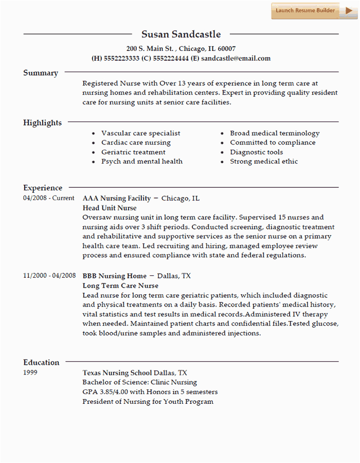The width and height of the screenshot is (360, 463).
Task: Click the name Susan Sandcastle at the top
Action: click(x=181, y=34)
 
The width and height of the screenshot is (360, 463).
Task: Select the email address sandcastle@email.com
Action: click(x=236, y=59)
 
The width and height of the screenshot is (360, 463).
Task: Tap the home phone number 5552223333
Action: click(x=121, y=59)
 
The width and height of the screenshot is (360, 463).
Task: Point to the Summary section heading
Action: click(x=41, y=73)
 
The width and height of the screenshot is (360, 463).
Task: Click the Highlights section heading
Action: click(x=42, y=123)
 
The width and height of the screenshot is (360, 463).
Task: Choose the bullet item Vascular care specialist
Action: click(x=140, y=133)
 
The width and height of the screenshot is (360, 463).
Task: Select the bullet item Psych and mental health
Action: click(x=141, y=162)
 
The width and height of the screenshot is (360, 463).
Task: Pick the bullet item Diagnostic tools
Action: click(x=256, y=152)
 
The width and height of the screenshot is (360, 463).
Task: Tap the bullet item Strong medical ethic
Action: click(x=264, y=162)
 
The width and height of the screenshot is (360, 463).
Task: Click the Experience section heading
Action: click(x=43, y=188)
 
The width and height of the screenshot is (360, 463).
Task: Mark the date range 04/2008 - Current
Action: click(x=49, y=198)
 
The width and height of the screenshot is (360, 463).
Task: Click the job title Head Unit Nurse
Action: click(x=110, y=208)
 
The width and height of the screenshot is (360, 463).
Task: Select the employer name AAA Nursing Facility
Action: click(x=117, y=198)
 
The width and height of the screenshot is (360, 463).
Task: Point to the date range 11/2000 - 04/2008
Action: click(x=49, y=276)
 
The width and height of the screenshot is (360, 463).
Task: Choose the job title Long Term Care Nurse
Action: click(x=120, y=286)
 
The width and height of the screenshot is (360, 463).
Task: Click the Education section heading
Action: click(x=41, y=362)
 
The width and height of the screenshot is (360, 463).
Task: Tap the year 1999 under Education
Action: click(x=31, y=372)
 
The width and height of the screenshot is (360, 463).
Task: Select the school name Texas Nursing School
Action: click(x=117, y=372)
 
